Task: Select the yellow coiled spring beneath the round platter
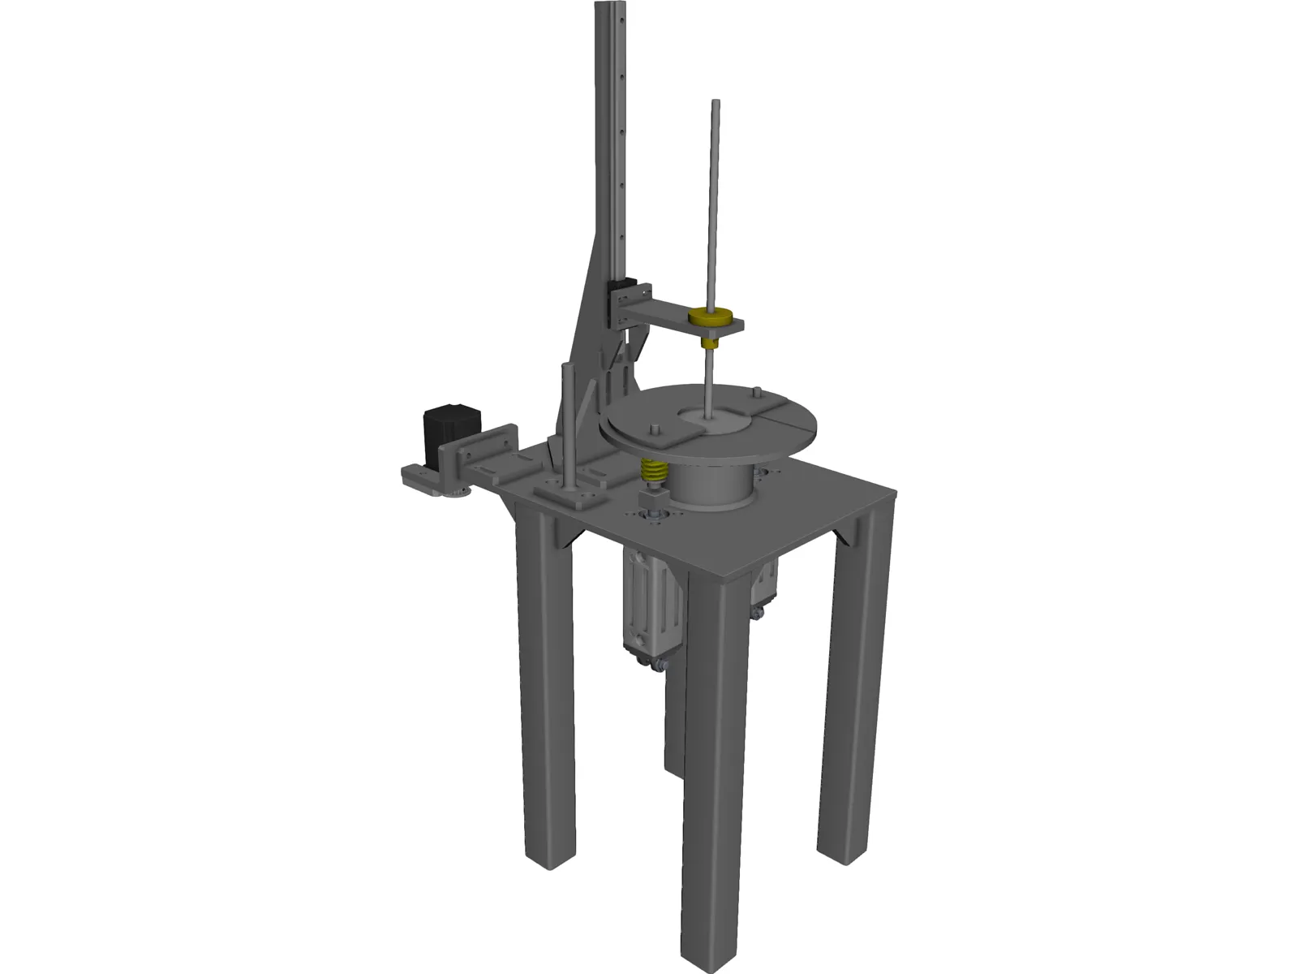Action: click(x=654, y=470)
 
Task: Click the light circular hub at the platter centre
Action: click(x=714, y=420)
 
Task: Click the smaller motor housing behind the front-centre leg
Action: click(x=763, y=588)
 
